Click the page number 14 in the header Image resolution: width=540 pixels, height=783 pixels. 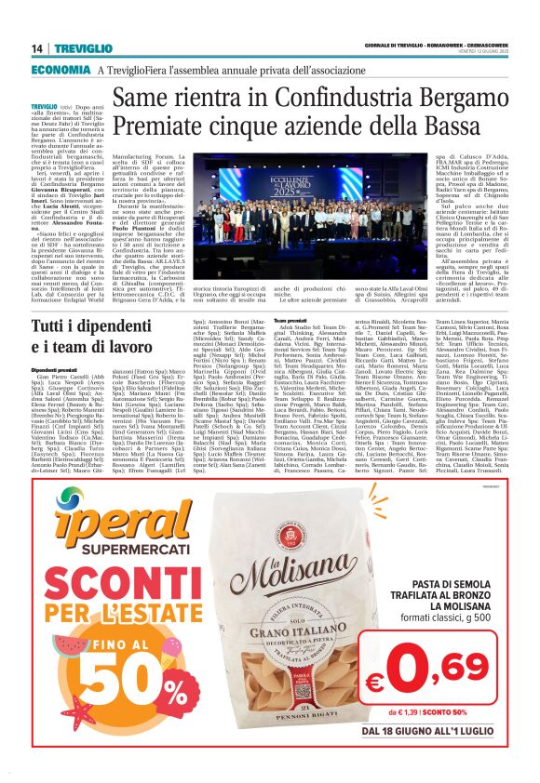click(x=37, y=48)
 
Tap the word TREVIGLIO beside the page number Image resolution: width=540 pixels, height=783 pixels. click(x=78, y=48)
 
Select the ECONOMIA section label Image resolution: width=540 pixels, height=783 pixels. click(x=61, y=69)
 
